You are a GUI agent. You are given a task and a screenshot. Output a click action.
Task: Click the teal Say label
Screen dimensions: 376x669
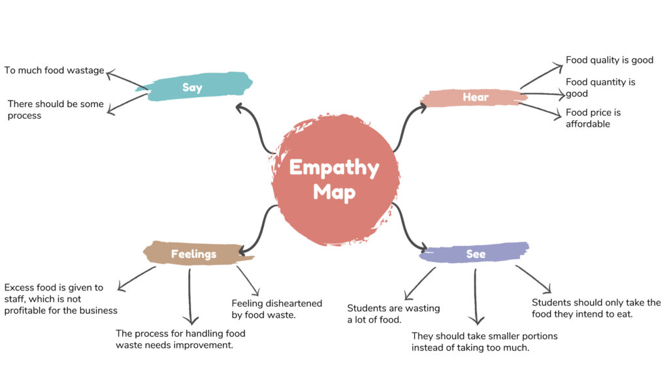192,87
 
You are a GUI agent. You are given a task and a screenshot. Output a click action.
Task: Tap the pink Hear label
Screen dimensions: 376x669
476,97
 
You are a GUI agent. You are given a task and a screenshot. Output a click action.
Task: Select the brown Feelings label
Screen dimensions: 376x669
193,254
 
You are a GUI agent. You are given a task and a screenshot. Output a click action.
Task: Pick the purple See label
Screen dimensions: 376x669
476,254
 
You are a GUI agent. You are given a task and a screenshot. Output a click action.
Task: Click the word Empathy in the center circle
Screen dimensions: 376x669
334,168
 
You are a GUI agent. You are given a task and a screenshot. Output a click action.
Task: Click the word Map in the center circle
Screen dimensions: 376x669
334,192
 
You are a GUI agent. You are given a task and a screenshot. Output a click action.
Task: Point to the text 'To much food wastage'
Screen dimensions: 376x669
54,70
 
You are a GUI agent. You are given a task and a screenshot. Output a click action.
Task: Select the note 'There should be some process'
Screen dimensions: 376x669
55,110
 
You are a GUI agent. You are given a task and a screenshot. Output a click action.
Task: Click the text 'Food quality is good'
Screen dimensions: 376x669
609,60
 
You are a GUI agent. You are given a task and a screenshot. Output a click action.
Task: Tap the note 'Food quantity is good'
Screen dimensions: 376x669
600,87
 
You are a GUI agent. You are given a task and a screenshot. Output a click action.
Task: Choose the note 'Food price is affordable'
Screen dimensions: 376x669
593,118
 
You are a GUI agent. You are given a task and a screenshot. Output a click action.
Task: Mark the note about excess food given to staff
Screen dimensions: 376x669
60,299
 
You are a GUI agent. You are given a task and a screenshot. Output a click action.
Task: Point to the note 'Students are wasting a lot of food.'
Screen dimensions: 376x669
393,314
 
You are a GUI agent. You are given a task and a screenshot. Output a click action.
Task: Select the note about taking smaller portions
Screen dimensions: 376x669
484,341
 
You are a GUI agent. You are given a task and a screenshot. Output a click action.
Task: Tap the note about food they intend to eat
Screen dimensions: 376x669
596,308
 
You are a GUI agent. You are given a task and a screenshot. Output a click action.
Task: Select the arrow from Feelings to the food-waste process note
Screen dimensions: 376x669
190,294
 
